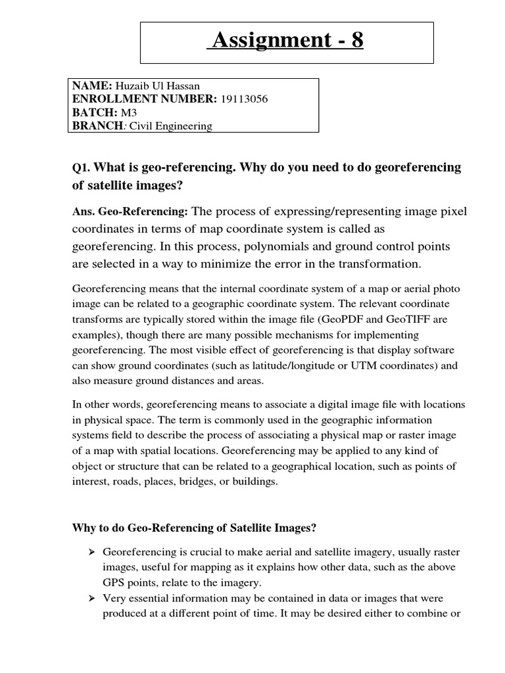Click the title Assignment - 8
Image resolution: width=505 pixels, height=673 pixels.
pyautogui.click(x=285, y=41)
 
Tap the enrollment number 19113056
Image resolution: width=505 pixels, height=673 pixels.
pyautogui.click(x=244, y=99)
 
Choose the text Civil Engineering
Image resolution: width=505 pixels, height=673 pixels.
pyautogui.click(x=170, y=126)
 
